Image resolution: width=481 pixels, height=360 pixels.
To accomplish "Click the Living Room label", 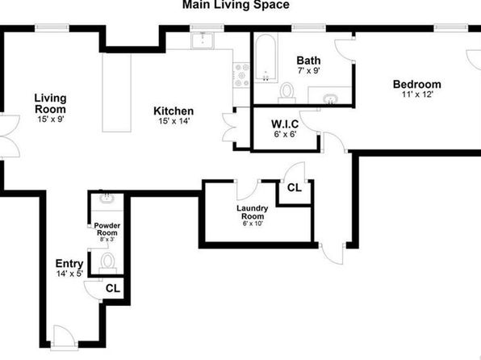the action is (x=50, y=103).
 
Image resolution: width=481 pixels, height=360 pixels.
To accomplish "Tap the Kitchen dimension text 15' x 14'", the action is (x=174, y=121).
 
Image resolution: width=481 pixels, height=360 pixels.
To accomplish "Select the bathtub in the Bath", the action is (x=266, y=58).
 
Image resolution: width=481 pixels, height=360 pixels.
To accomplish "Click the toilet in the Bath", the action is (x=287, y=93).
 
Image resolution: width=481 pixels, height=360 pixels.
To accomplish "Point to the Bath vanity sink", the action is (x=330, y=99).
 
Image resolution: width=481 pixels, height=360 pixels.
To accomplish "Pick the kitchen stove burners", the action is (x=242, y=75).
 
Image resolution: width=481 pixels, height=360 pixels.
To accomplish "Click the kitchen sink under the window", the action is (x=203, y=40).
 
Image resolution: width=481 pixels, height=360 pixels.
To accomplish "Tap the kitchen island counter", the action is (x=116, y=92).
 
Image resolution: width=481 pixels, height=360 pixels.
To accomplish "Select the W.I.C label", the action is (x=285, y=124).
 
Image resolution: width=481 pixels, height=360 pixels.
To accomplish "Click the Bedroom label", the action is (x=417, y=84).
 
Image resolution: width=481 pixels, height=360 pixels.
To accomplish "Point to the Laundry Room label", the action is (x=252, y=212).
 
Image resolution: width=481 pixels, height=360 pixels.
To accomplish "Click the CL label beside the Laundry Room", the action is (x=295, y=187).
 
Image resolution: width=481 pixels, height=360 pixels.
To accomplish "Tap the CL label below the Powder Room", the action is (x=113, y=288).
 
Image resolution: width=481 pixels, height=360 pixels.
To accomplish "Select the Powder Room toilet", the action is (x=107, y=263).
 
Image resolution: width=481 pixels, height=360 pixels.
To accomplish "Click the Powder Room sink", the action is (x=107, y=198).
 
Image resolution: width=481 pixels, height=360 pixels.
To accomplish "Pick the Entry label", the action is (x=69, y=264).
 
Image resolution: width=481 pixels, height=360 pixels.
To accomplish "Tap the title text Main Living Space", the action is (x=236, y=5).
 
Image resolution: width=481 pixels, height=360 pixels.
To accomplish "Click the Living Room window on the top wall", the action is (x=52, y=28).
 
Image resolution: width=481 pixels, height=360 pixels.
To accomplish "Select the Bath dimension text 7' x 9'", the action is (x=309, y=71).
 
